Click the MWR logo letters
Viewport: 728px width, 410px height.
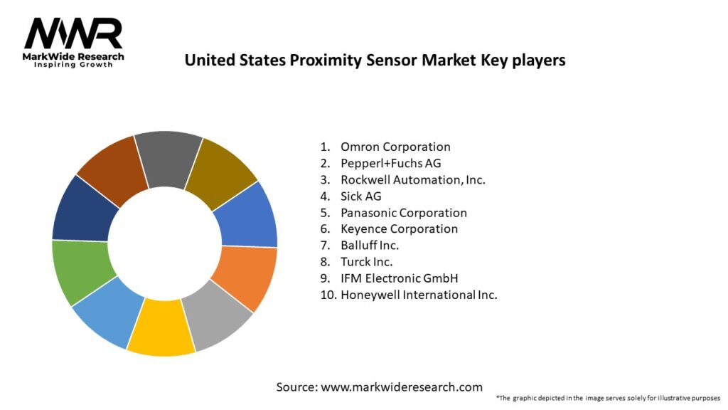73,33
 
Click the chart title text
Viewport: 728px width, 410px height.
375,61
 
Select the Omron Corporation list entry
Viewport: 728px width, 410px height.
395,147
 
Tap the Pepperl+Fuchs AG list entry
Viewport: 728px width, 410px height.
390,163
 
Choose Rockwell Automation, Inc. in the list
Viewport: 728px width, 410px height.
412,179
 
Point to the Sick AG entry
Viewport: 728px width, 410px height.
360,196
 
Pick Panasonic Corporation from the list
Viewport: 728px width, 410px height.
403,212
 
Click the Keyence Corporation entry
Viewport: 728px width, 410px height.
399,228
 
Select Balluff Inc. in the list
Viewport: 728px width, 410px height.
369,245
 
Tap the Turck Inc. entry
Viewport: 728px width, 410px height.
366,261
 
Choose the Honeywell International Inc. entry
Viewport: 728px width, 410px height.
418,294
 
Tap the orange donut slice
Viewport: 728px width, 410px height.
245,278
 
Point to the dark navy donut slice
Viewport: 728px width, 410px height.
79,209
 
